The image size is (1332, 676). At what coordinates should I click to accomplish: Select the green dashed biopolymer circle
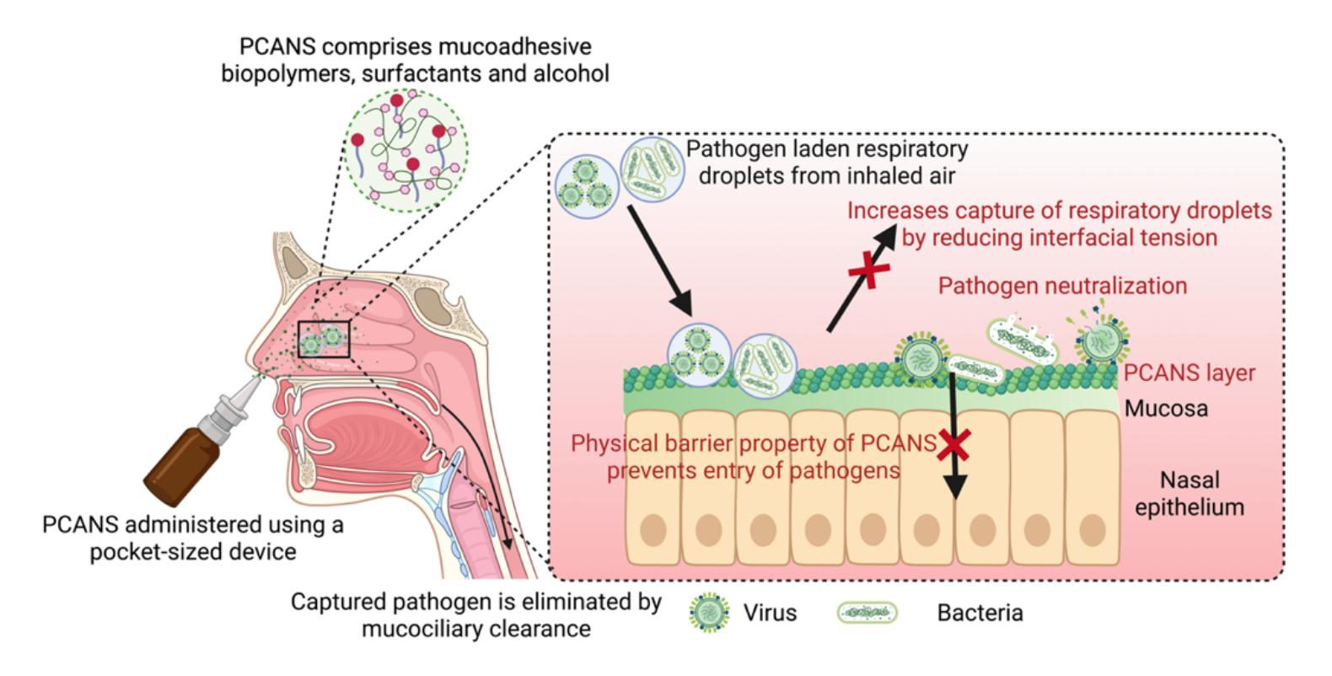click(x=406, y=150)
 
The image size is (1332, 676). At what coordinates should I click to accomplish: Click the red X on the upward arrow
click(x=868, y=271)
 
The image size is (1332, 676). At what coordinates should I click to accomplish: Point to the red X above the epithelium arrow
click(x=953, y=443)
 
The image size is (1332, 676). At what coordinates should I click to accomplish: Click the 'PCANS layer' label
click(x=1189, y=373)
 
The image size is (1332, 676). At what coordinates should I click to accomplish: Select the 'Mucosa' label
click(x=1166, y=409)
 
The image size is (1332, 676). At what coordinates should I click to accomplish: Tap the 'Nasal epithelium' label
click(x=1189, y=493)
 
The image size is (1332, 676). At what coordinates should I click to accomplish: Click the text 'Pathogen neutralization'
click(x=1062, y=286)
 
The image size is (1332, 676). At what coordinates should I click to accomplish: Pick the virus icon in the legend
click(x=709, y=612)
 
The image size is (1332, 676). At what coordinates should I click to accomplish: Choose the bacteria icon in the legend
click(x=867, y=613)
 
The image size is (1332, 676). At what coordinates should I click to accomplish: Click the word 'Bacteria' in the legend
click(x=980, y=613)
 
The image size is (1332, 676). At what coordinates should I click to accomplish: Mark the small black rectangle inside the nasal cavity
click(x=324, y=339)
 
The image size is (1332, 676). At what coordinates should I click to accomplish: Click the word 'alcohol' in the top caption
click(x=571, y=73)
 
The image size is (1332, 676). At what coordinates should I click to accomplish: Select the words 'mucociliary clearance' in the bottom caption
click(x=476, y=630)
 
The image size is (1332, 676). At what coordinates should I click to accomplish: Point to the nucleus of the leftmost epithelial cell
click(x=653, y=530)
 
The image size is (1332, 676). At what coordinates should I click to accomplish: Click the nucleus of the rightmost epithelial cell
click(x=1093, y=530)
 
